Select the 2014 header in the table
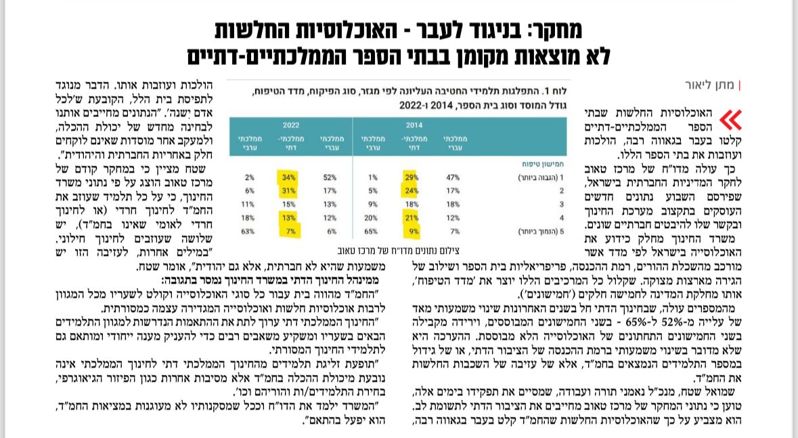(414, 125)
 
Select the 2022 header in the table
(291, 125)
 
